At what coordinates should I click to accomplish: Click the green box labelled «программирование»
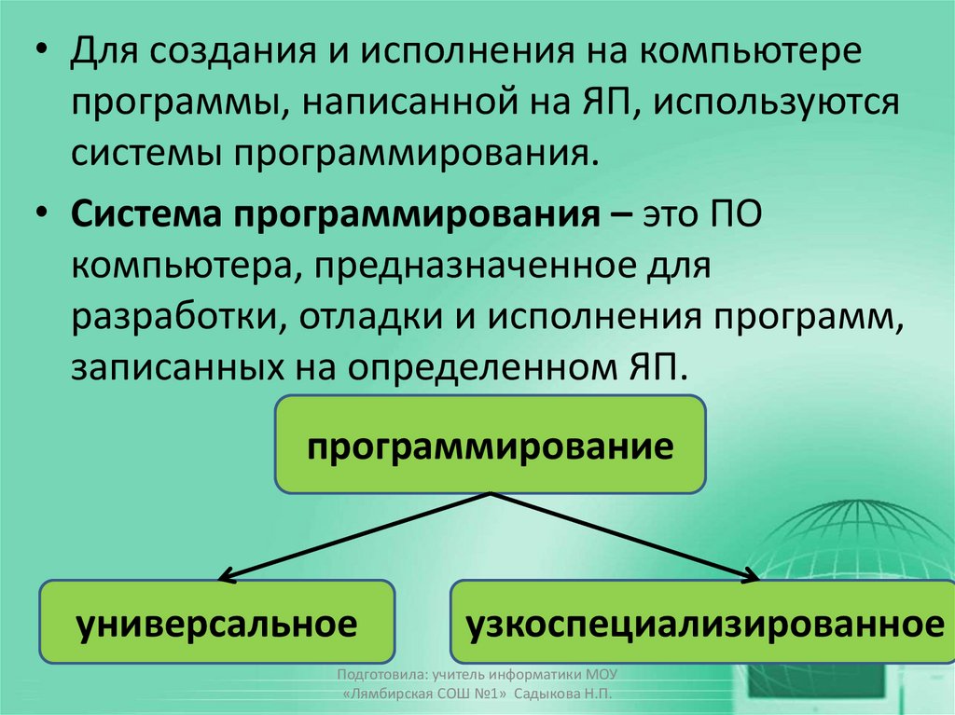pos(490,444)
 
